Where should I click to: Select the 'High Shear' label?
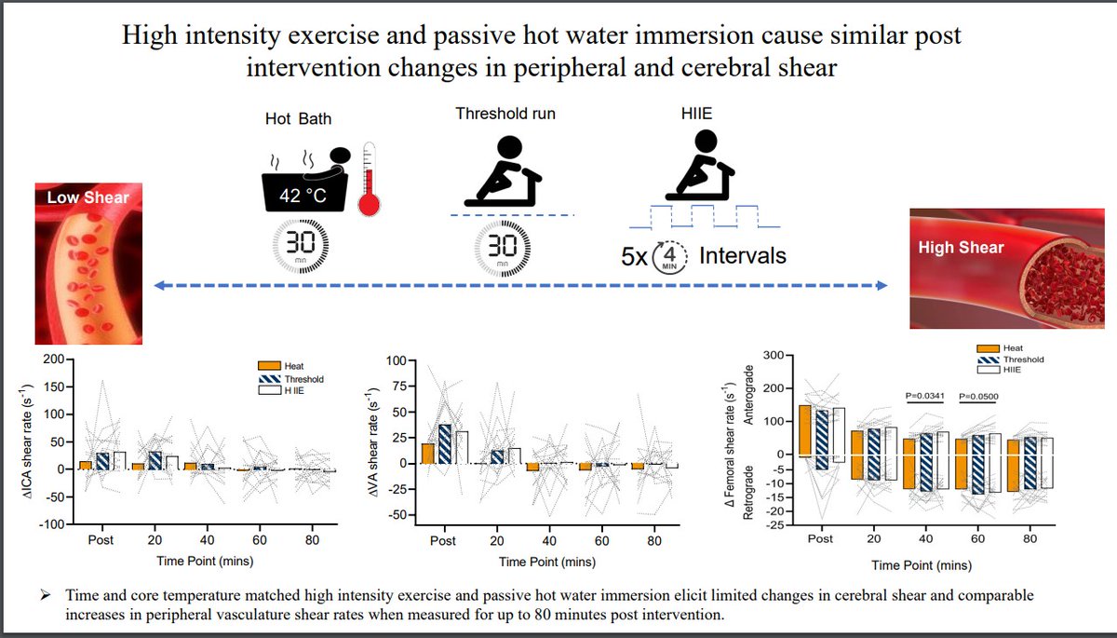tap(962, 247)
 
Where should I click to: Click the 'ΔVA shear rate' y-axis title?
tap(372, 438)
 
